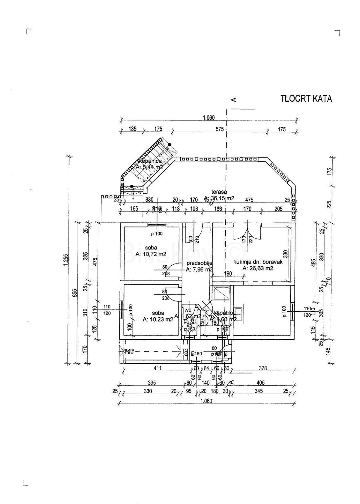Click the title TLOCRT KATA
coord(306,99)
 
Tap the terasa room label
coord(219,192)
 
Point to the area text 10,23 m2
coord(158,319)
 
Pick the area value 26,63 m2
coord(258,268)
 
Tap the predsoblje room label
coord(199,263)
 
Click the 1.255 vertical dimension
coord(67,260)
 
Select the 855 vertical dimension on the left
coord(76,292)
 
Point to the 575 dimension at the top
coord(220,129)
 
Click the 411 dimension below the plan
coord(157,368)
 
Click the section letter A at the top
coord(234,100)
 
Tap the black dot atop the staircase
coord(169,145)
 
